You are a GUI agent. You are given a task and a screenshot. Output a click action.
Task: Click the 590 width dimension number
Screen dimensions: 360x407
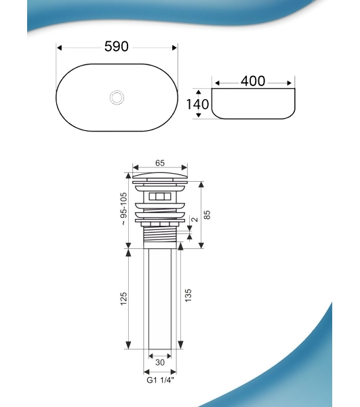(x=117, y=46)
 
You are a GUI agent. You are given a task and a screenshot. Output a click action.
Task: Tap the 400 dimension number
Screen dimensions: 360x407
(x=253, y=81)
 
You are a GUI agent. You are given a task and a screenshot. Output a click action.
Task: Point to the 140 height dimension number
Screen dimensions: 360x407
(x=198, y=104)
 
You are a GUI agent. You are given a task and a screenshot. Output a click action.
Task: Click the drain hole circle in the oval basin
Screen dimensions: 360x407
(x=117, y=97)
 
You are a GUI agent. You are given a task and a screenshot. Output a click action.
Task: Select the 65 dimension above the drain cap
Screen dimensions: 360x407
(x=160, y=163)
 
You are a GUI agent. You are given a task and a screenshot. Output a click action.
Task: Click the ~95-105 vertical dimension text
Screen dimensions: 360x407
(x=124, y=209)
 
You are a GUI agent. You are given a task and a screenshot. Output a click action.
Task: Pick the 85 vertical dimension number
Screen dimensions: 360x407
(x=207, y=214)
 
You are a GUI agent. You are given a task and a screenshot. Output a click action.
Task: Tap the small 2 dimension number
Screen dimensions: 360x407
(x=195, y=220)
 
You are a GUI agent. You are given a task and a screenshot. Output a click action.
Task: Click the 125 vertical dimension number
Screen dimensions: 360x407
(x=123, y=298)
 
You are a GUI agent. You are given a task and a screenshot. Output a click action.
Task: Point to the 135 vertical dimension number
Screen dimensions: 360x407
(x=188, y=295)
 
